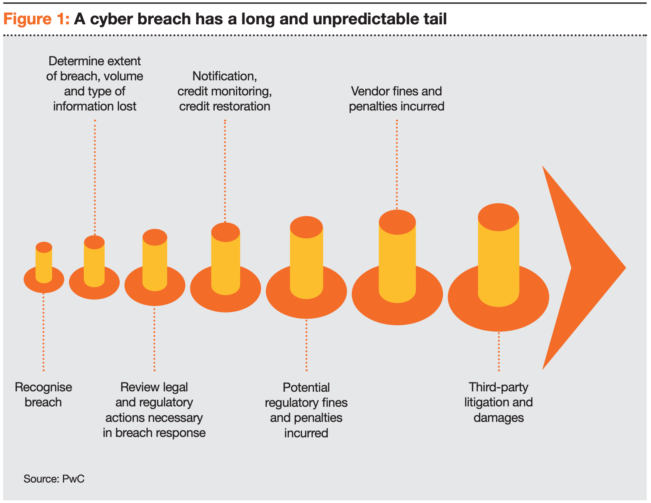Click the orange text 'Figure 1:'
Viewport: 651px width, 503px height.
pyautogui.click(x=36, y=19)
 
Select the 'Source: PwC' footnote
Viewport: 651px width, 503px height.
pyautogui.click(x=54, y=479)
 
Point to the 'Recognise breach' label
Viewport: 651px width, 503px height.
pyautogui.click(x=43, y=394)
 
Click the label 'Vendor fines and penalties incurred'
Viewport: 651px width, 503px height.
pyautogui.click(x=397, y=99)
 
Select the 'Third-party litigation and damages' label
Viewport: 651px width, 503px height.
pyautogui.click(x=498, y=402)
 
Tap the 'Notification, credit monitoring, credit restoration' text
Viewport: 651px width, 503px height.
pyautogui.click(x=225, y=91)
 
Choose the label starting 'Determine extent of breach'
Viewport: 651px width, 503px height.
pyautogui.click(x=95, y=83)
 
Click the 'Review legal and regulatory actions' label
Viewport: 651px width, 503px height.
pyautogui.click(x=154, y=410)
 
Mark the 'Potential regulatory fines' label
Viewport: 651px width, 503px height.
pyautogui.click(x=306, y=410)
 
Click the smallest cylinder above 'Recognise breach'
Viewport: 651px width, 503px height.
pyautogui.click(x=44, y=263)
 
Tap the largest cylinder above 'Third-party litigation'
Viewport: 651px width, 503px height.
pyautogui.click(x=498, y=255)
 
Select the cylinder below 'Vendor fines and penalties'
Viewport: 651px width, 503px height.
pyautogui.click(x=397, y=256)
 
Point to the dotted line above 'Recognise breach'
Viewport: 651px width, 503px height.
pyautogui.click(x=44, y=332)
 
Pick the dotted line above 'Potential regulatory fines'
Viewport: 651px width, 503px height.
pyautogui.click(x=307, y=345)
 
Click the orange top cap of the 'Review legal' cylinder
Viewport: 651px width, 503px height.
pyautogui.click(x=155, y=237)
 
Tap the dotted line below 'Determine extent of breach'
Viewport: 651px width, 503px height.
pyautogui.click(x=95, y=177)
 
